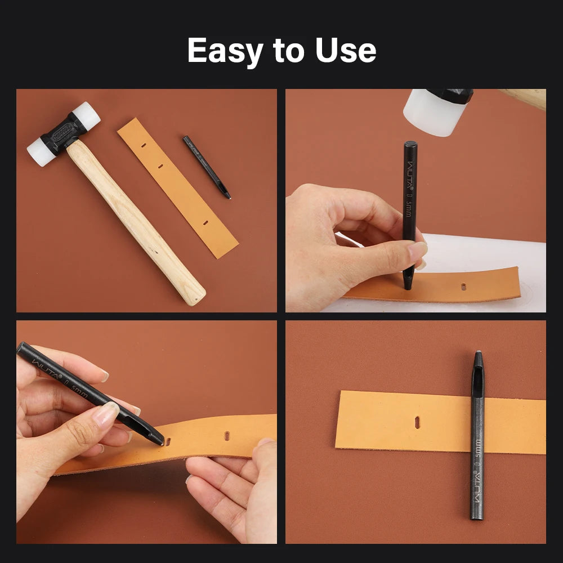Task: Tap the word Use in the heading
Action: pyautogui.click(x=345, y=51)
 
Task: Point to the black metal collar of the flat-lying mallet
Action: pyautogui.click(x=63, y=133)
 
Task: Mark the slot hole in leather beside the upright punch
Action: pyautogui.click(x=463, y=287)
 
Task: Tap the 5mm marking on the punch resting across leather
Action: pyautogui.click(x=479, y=448)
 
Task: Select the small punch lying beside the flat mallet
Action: pyautogui.click(x=207, y=167)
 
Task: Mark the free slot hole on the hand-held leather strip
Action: pyautogui.click(x=227, y=436)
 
